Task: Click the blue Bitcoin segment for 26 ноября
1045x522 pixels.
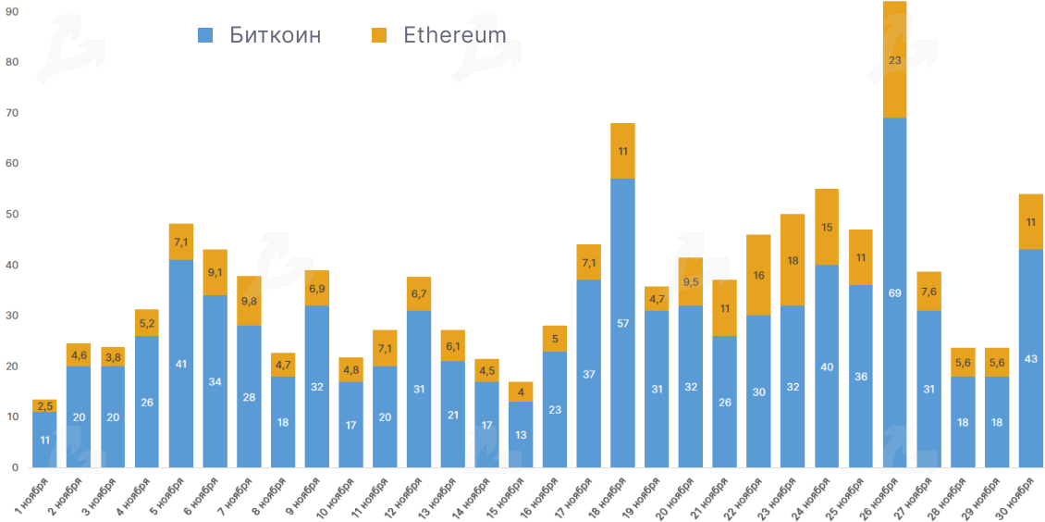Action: point(894,292)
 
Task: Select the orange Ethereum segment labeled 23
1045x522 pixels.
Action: point(894,60)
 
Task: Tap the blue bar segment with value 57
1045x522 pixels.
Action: point(622,323)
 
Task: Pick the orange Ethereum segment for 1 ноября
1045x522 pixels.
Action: point(44,405)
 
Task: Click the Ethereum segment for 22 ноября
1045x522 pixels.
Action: point(758,275)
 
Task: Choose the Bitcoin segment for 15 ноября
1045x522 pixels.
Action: point(521,434)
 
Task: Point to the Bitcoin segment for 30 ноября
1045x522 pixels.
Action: point(1030,358)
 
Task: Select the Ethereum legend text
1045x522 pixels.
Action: point(454,35)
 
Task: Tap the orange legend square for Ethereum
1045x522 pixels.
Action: point(379,35)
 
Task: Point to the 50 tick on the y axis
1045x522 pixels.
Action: point(13,215)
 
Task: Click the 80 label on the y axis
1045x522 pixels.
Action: point(13,62)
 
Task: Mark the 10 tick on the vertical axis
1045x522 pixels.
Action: point(13,417)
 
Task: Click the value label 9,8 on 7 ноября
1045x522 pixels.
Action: point(249,301)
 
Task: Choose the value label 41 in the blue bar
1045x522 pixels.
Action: point(180,364)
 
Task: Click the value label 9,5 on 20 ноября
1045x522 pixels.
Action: point(691,282)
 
